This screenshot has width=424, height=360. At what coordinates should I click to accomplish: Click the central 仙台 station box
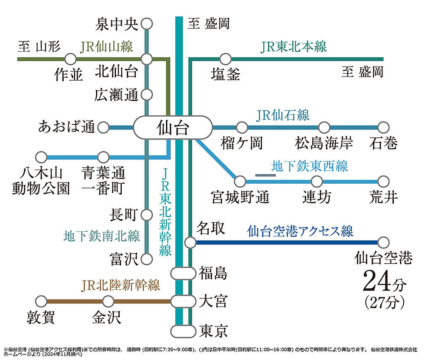(x=173, y=127)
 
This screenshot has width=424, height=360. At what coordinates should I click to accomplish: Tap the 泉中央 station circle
(x=147, y=24)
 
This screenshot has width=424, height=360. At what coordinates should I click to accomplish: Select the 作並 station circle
(x=70, y=59)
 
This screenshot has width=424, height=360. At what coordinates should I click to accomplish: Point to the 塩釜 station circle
(x=225, y=59)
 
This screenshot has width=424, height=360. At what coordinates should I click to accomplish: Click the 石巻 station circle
(x=383, y=127)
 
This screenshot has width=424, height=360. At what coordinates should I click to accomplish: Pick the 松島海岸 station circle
(x=324, y=127)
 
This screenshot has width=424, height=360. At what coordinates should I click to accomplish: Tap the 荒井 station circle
(x=383, y=182)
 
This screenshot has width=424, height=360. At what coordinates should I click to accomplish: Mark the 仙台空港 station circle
(x=383, y=242)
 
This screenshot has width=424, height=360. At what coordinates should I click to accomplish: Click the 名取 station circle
(x=190, y=242)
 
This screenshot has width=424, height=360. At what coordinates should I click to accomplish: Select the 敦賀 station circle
(x=41, y=301)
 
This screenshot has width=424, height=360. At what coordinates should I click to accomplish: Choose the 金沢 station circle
(x=108, y=301)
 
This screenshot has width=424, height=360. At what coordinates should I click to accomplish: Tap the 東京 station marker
(x=183, y=331)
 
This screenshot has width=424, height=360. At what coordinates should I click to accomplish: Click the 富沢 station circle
(x=147, y=259)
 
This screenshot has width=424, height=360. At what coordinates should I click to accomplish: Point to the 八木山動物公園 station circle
(x=41, y=157)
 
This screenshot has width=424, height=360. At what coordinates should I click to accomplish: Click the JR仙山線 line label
(x=106, y=46)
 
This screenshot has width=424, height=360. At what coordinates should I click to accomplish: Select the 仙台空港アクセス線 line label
(x=300, y=231)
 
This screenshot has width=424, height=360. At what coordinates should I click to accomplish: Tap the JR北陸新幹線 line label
(x=120, y=286)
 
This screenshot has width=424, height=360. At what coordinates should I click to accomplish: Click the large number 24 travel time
(x=377, y=281)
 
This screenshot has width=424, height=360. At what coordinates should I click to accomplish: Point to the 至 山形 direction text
(x=39, y=46)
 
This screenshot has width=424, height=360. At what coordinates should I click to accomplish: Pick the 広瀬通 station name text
(x=116, y=95)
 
